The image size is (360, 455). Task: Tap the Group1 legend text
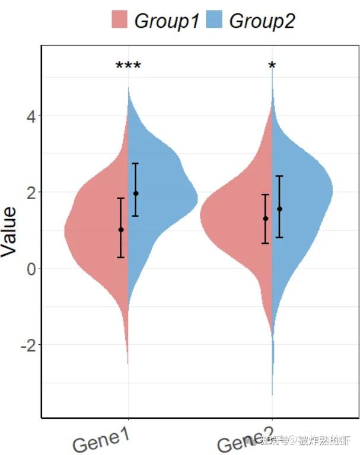click(167, 21)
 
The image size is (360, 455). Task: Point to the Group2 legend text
click(262, 21)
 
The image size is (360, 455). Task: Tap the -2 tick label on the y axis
click(27, 345)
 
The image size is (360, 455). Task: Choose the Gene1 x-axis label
click(100, 440)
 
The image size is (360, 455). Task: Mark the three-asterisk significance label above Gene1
click(128, 66)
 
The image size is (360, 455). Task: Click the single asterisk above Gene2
click(272, 66)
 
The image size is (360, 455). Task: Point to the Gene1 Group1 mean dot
click(121, 229)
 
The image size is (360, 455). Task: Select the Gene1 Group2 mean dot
click(136, 193)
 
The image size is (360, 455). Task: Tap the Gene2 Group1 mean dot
click(265, 219)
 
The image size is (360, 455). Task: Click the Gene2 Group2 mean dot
click(279, 209)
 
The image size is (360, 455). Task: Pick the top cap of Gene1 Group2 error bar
click(136, 164)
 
